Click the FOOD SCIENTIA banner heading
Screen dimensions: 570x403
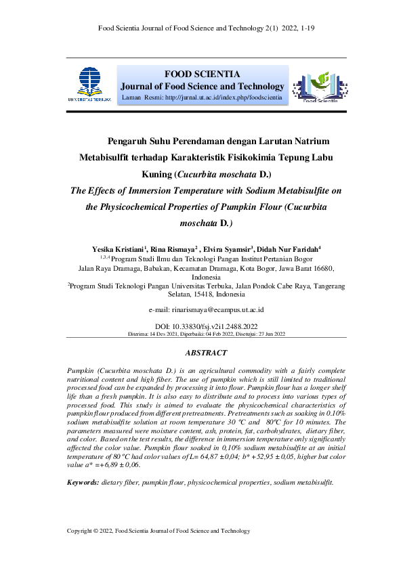[x=202, y=74]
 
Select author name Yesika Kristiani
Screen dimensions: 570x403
[x=118, y=250]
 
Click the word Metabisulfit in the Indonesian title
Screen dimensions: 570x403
[x=108, y=158]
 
